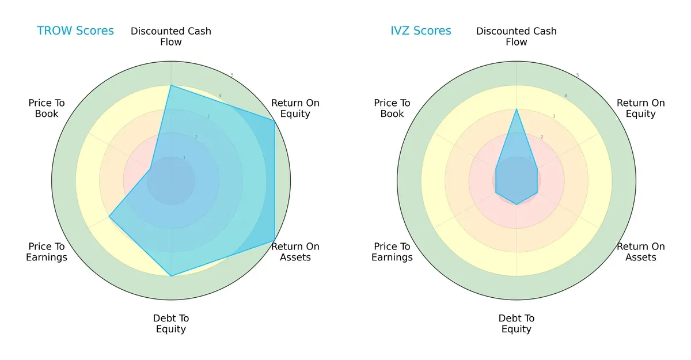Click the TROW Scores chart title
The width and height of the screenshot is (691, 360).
[x=75, y=31]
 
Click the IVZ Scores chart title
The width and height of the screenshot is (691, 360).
[x=421, y=31]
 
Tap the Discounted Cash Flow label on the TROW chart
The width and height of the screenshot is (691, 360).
[x=171, y=36]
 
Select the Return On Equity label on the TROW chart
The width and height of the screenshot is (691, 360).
[x=295, y=108]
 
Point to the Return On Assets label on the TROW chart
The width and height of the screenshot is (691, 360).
[x=295, y=252]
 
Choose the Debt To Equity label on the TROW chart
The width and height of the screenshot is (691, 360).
[x=171, y=324]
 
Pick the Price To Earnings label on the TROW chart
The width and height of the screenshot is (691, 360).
[x=47, y=252]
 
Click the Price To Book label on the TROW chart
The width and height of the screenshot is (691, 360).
[x=47, y=108]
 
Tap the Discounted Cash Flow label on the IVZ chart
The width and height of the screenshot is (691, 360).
[x=517, y=36]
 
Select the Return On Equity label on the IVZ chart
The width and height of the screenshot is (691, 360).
[x=641, y=108]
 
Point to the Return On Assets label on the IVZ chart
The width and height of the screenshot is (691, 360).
[x=641, y=252]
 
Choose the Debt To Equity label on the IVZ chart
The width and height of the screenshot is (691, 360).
[x=517, y=324]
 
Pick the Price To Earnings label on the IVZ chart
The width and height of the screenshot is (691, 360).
[x=392, y=252]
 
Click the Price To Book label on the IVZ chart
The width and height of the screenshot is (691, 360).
[x=392, y=108]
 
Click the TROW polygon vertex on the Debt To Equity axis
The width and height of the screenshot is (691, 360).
[x=171, y=276]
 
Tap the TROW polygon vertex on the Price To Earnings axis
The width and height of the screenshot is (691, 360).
[x=109, y=217]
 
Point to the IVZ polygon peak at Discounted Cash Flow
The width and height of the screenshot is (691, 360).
[x=517, y=109]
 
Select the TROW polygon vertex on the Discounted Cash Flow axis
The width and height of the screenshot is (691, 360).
[x=171, y=85]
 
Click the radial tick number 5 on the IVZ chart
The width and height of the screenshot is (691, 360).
[x=578, y=75]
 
